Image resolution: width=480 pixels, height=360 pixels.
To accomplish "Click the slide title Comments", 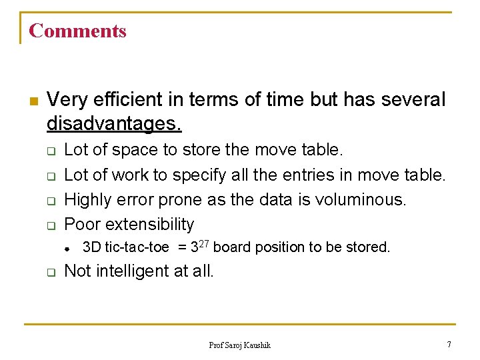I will click(x=77, y=31).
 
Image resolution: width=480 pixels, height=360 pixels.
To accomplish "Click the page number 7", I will click(x=449, y=344).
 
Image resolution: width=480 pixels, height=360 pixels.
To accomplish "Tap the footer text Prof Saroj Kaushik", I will click(x=240, y=345).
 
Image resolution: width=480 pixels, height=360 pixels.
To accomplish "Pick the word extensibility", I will click(x=150, y=224).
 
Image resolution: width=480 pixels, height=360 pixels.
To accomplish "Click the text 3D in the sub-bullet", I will click(x=91, y=247).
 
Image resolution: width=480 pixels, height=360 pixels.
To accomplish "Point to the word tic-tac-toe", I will click(x=137, y=247).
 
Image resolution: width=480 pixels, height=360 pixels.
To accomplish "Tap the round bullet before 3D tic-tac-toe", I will click(x=68, y=248).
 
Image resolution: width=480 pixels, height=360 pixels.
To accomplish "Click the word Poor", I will click(x=82, y=224).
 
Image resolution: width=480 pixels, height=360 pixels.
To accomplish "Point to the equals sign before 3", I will click(x=182, y=247).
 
